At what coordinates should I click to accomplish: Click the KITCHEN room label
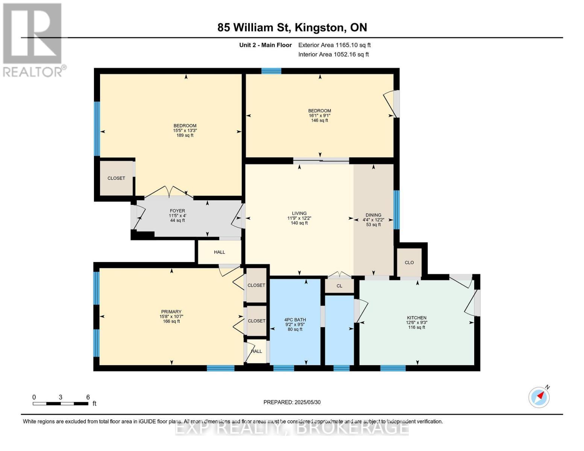point(416,318)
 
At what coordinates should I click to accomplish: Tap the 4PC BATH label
point(295,320)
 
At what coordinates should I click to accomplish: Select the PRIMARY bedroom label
point(171,312)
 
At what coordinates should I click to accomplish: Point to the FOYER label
point(177,211)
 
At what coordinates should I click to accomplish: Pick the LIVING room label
point(299,213)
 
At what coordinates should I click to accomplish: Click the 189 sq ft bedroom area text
point(185,135)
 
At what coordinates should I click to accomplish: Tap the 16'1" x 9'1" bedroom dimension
point(319,116)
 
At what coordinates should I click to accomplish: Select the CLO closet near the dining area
point(409,262)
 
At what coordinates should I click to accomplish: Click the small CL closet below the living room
point(339,286)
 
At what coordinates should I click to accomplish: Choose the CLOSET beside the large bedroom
point(116,178)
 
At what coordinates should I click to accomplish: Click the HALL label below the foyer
point(219,252)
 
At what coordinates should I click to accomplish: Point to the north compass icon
point(539,397)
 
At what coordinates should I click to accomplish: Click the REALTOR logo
point(33,39)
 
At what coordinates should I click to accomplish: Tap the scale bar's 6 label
point(88,397)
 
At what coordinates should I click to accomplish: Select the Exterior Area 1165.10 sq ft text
point(334,45)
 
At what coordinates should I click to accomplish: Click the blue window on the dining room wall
point(396,209)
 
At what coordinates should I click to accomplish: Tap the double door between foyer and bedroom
point(169,192)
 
